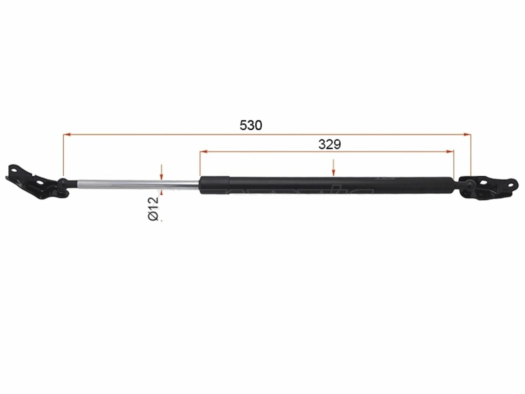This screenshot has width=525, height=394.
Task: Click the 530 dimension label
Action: coord(251,125)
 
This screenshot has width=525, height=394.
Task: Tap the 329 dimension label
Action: coord(329,144)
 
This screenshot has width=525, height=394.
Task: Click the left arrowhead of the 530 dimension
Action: coord(67,134)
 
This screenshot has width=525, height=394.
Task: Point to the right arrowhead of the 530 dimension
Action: coord(467,134)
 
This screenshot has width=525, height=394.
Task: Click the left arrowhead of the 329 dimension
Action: coord(203,151)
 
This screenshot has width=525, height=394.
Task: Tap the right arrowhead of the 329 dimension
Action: coord(450,151)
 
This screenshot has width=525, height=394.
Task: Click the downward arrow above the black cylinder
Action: coord(334,168)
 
